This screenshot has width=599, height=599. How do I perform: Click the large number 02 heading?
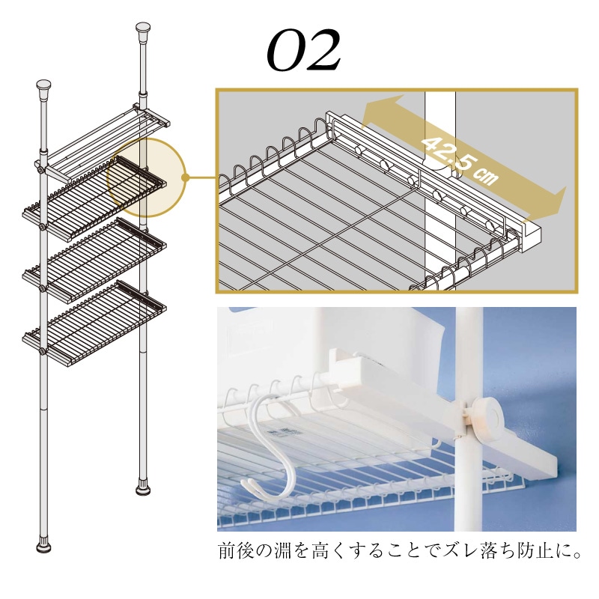[304, 52]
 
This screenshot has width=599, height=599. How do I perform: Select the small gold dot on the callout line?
[184, 178]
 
